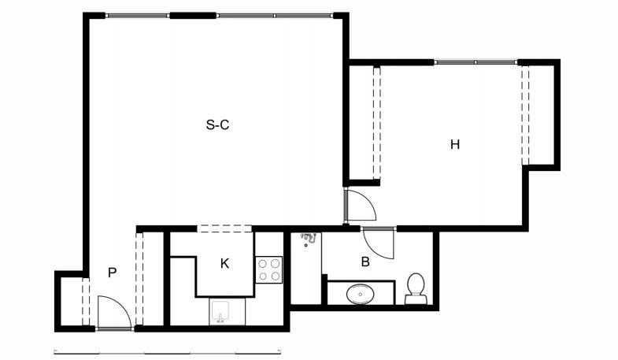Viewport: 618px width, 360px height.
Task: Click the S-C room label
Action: click(217, 125)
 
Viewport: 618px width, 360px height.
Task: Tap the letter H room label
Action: click(455, 145)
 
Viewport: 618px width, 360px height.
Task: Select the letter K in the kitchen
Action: click(224, 263)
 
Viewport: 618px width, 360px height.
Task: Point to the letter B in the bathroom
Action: click(365, 262)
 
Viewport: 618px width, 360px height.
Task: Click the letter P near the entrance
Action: click(113, 273)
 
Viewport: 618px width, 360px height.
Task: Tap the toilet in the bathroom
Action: click(416, 288)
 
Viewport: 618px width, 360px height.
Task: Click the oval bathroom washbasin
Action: click(361, 294)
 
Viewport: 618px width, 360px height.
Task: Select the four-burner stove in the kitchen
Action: click(268, 269)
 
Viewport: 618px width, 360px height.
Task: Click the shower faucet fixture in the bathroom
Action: click(309, 237)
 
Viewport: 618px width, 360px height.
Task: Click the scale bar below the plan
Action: click(167, 351)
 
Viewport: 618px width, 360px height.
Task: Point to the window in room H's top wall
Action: click(476, 62)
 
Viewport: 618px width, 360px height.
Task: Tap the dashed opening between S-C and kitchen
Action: click(224, 228)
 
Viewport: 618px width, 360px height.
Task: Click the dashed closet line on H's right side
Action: click(525, 115)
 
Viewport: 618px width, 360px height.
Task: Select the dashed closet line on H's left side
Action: click(377, 123)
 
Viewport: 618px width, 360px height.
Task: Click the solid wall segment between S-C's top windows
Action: click(193, 16)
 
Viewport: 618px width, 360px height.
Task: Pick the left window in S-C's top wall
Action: click(138, 16)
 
